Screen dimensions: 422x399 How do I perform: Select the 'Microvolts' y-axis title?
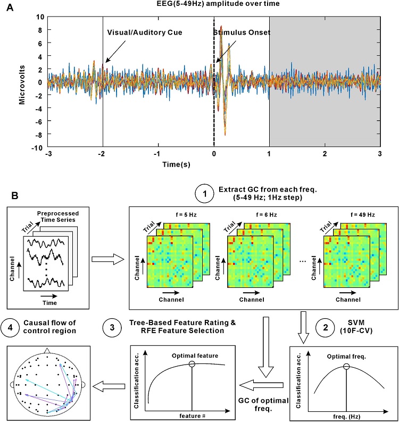tap(23, 82)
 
